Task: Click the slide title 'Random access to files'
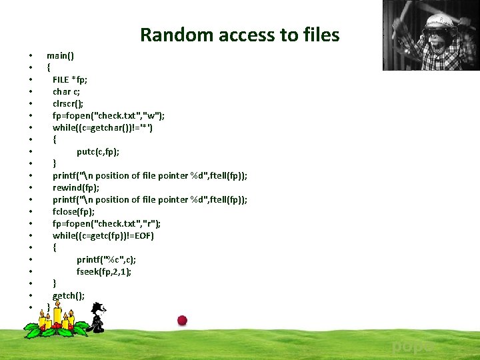pyautogui.click(x=239, y=35)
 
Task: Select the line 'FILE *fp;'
pyautogui.click(x=70, y=79)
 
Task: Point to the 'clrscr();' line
pyautogui.click(x=69, y=103)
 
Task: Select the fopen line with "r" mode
pyautogui.click(x=107, y=223)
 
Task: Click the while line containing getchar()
pyautogui.click(x=103, y=127)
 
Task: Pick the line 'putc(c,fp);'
pyautogui.click(x=98, y=151)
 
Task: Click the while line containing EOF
pyautogui.click(x=103, y=235)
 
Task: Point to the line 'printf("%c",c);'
pyautogui.click(x=106, y=259)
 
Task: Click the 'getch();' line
pyautogui.click(x=69, y=295)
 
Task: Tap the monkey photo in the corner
pyautogui.click(x=431, y=35)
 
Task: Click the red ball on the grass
pyautogui.click(x=182, y=320)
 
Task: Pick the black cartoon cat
pyautogui.click(x=97, y=318)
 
